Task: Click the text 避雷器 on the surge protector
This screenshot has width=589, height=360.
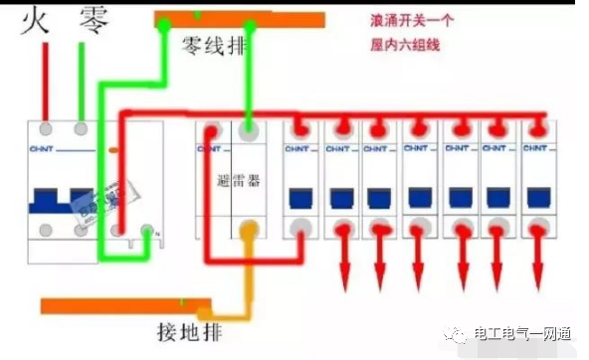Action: coord(236,184)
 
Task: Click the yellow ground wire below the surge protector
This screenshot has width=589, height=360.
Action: coord(249,273)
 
